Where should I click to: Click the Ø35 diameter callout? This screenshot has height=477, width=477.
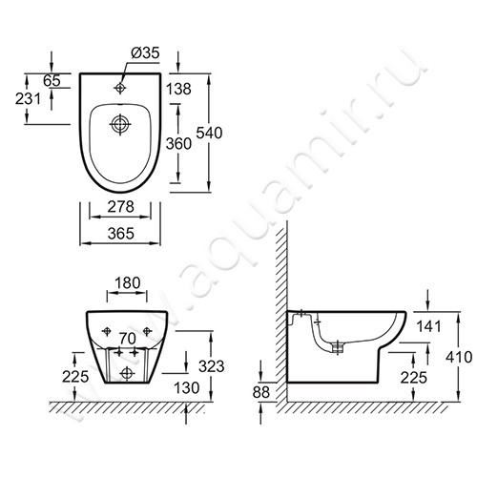(145, 52)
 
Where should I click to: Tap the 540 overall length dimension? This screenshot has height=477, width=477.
(209, 133)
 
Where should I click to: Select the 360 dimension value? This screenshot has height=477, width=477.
(178, 144)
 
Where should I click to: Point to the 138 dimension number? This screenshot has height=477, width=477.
(178, 89)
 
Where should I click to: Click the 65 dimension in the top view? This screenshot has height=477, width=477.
(52, 81)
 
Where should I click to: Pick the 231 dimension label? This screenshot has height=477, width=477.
(28, 99)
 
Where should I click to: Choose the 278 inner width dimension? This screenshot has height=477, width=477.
(120, 207)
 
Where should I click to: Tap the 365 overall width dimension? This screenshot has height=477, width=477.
(121, 234)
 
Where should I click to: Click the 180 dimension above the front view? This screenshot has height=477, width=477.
(127, 282)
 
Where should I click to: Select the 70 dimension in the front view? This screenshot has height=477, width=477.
(128, 339)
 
